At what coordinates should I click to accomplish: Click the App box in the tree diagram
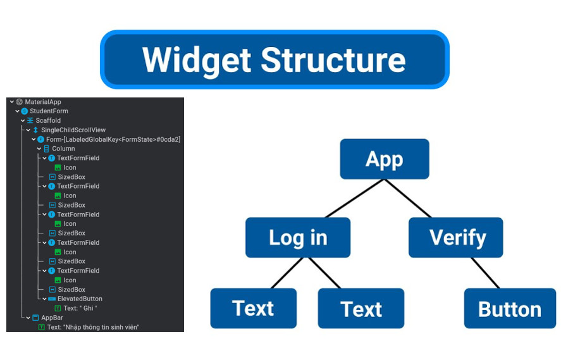[385, 159]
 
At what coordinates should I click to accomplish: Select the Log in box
[298, 237]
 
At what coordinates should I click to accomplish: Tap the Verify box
[456, 237]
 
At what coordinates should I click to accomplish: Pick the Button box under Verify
[510, 309]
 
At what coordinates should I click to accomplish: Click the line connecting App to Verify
[407, 198]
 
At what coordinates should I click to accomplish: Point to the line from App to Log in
[355, 198]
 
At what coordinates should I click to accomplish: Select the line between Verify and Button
[485, 273]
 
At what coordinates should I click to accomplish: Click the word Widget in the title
[197, 60]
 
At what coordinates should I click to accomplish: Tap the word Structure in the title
[333, 59]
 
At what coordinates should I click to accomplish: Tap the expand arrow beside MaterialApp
[12, 102]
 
